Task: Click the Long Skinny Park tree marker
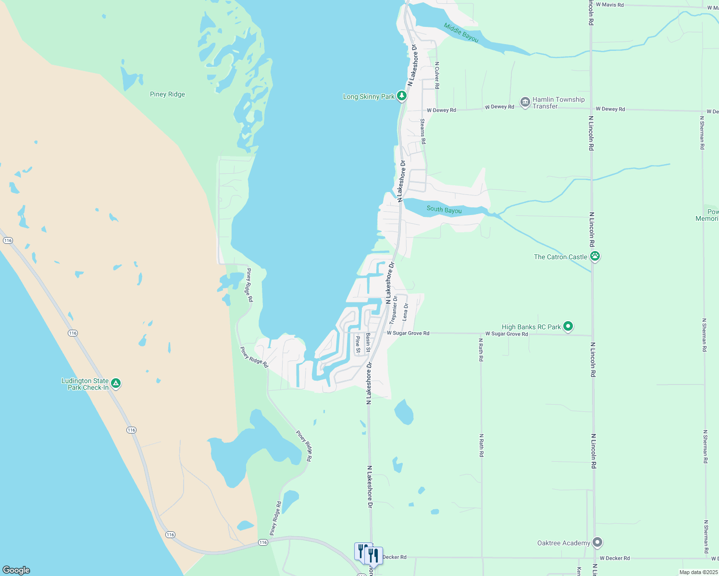coord(402,96)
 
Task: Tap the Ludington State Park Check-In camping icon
coord(115,384)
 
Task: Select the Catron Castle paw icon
coord(595,256)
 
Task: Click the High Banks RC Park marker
coord(568,327)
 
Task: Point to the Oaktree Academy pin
coord(597,542)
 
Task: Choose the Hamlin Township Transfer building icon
coord(525,102)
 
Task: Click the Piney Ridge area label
coord(167,94)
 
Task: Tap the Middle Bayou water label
coord(461,33)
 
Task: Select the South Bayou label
coord(444,210)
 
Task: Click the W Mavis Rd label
coord(609,5)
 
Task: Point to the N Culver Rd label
coord(437,75)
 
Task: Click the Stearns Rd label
coord(422,132)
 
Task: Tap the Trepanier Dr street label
coord(394,309)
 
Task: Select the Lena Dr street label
coord(405,312)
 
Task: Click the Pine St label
coord(358,344)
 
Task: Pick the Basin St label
coord(368,343)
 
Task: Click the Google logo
coord(16,570)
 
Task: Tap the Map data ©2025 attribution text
coord(698,572)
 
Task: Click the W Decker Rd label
coord(614,558)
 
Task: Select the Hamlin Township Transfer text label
coord(558,103)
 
